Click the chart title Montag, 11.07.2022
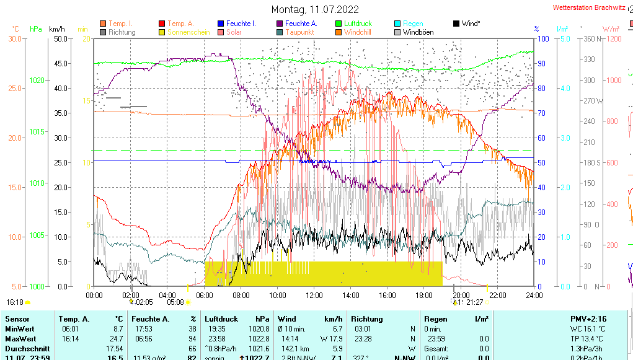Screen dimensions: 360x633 pyautogui.click(x=316, y=9)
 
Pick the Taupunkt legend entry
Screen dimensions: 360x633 pyautogui.click(x=299, y=32)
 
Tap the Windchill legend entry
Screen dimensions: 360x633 pyautogui.click(x=358, y=32)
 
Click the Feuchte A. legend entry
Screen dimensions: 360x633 pyautogui.click(x=301, y=24)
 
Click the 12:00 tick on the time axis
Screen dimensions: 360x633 pyautogui.click(x=314, y=295)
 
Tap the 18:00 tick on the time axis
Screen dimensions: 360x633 pyautogui.click(x=424, y=295)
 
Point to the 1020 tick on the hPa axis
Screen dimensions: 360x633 pyautogui.click(x=37, y=81)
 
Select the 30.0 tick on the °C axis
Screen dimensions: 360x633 pyautogui.click(x=15, y=39)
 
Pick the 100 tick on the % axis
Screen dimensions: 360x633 pyautogui.click(x=542, y=39)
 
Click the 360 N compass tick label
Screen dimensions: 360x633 pyautogui.click(x=589, y=39)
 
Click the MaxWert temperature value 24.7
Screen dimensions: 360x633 pyautogui.click(x=117, y=339)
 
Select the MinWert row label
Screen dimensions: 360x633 pyautogui.click(x=19, y=329)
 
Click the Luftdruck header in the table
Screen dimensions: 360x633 pyautogui.click(x=221, y=318)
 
